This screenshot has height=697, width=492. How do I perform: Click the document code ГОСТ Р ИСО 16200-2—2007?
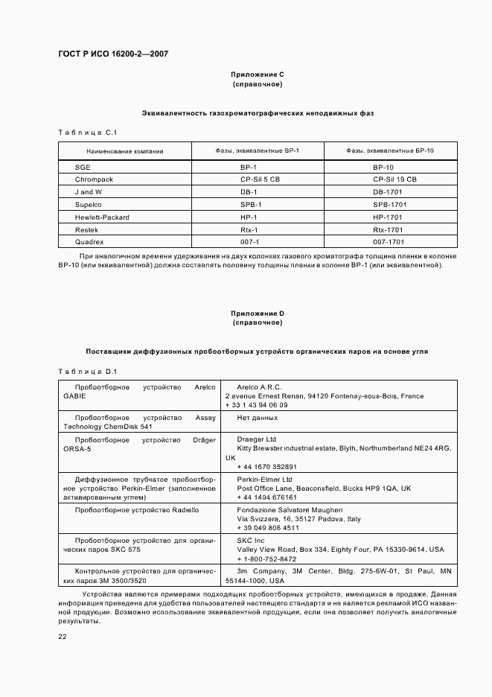click(113, 55)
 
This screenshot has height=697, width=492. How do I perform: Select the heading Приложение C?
click(257, 74)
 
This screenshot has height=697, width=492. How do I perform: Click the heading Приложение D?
click(257, 314)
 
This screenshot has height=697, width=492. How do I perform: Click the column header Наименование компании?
click(124, 151)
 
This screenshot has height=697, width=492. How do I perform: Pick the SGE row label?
click(83, 168)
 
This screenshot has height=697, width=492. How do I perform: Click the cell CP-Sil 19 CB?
click(394, 179)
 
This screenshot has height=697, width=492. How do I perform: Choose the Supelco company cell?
click(88, 204)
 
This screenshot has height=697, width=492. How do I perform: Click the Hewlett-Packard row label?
click(102, 217)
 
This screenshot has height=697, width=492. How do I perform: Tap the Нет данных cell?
click(257, 418)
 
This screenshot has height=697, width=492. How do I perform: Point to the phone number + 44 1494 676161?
click(266, 497)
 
